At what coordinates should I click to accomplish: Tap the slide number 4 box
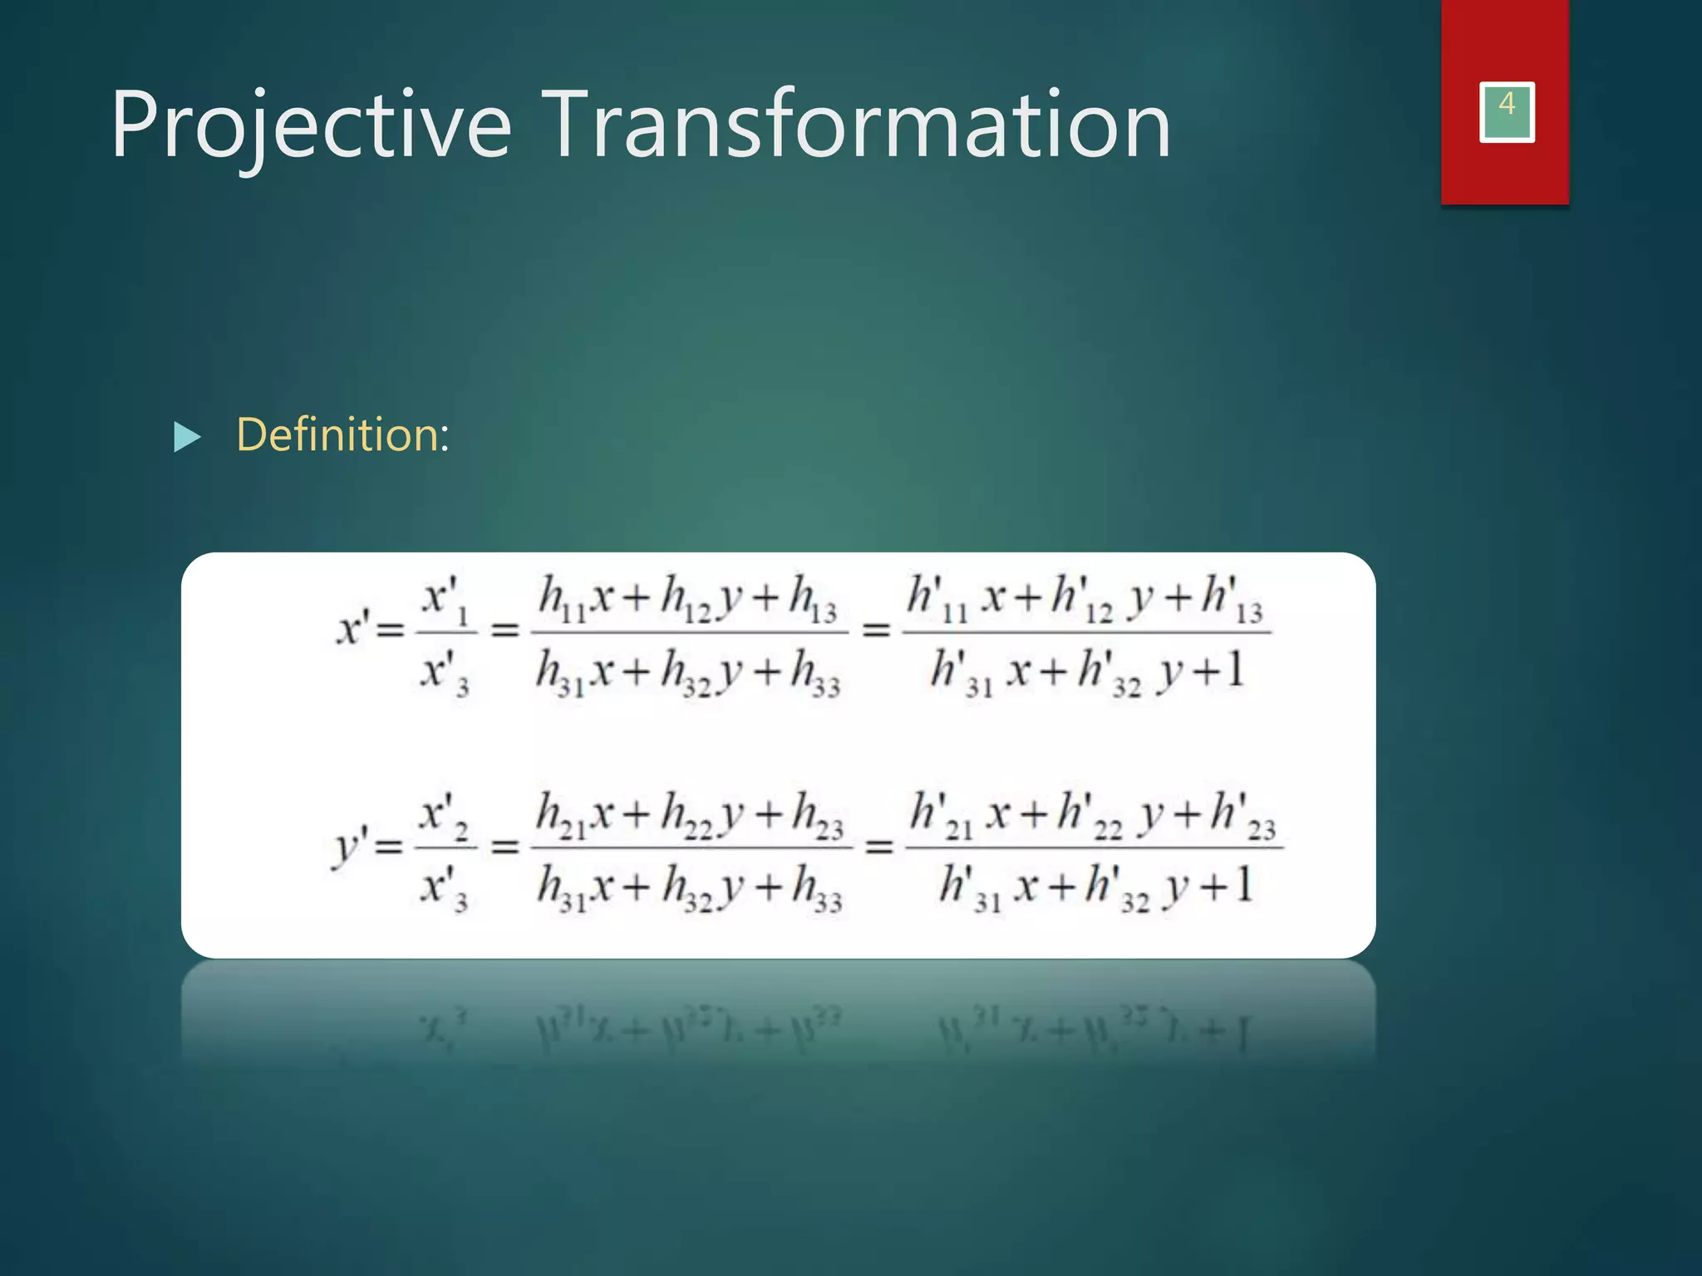pyautogui.click(x=1506, y=112)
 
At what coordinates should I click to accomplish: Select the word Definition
pyautogui.click(x=342, y=434)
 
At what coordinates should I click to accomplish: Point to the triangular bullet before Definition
pyautogui.click(x=187, y=437)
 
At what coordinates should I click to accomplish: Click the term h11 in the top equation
pyautogui.click(x=561, y=599)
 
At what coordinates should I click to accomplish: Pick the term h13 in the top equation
pyautogui.click(x=812, y=599)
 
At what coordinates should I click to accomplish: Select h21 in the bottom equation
pyautogui.click(x=561, y=815)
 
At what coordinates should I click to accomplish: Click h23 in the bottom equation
pyautogui.click(x=817, y=815)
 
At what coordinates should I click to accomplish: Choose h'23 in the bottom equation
pyautogui.click(x=1242, y=815)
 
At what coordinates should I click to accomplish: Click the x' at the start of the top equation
pyautogui.click(x=352, y=629)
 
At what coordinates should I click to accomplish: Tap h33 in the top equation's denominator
pyautogui.click(x=814, y=673)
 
